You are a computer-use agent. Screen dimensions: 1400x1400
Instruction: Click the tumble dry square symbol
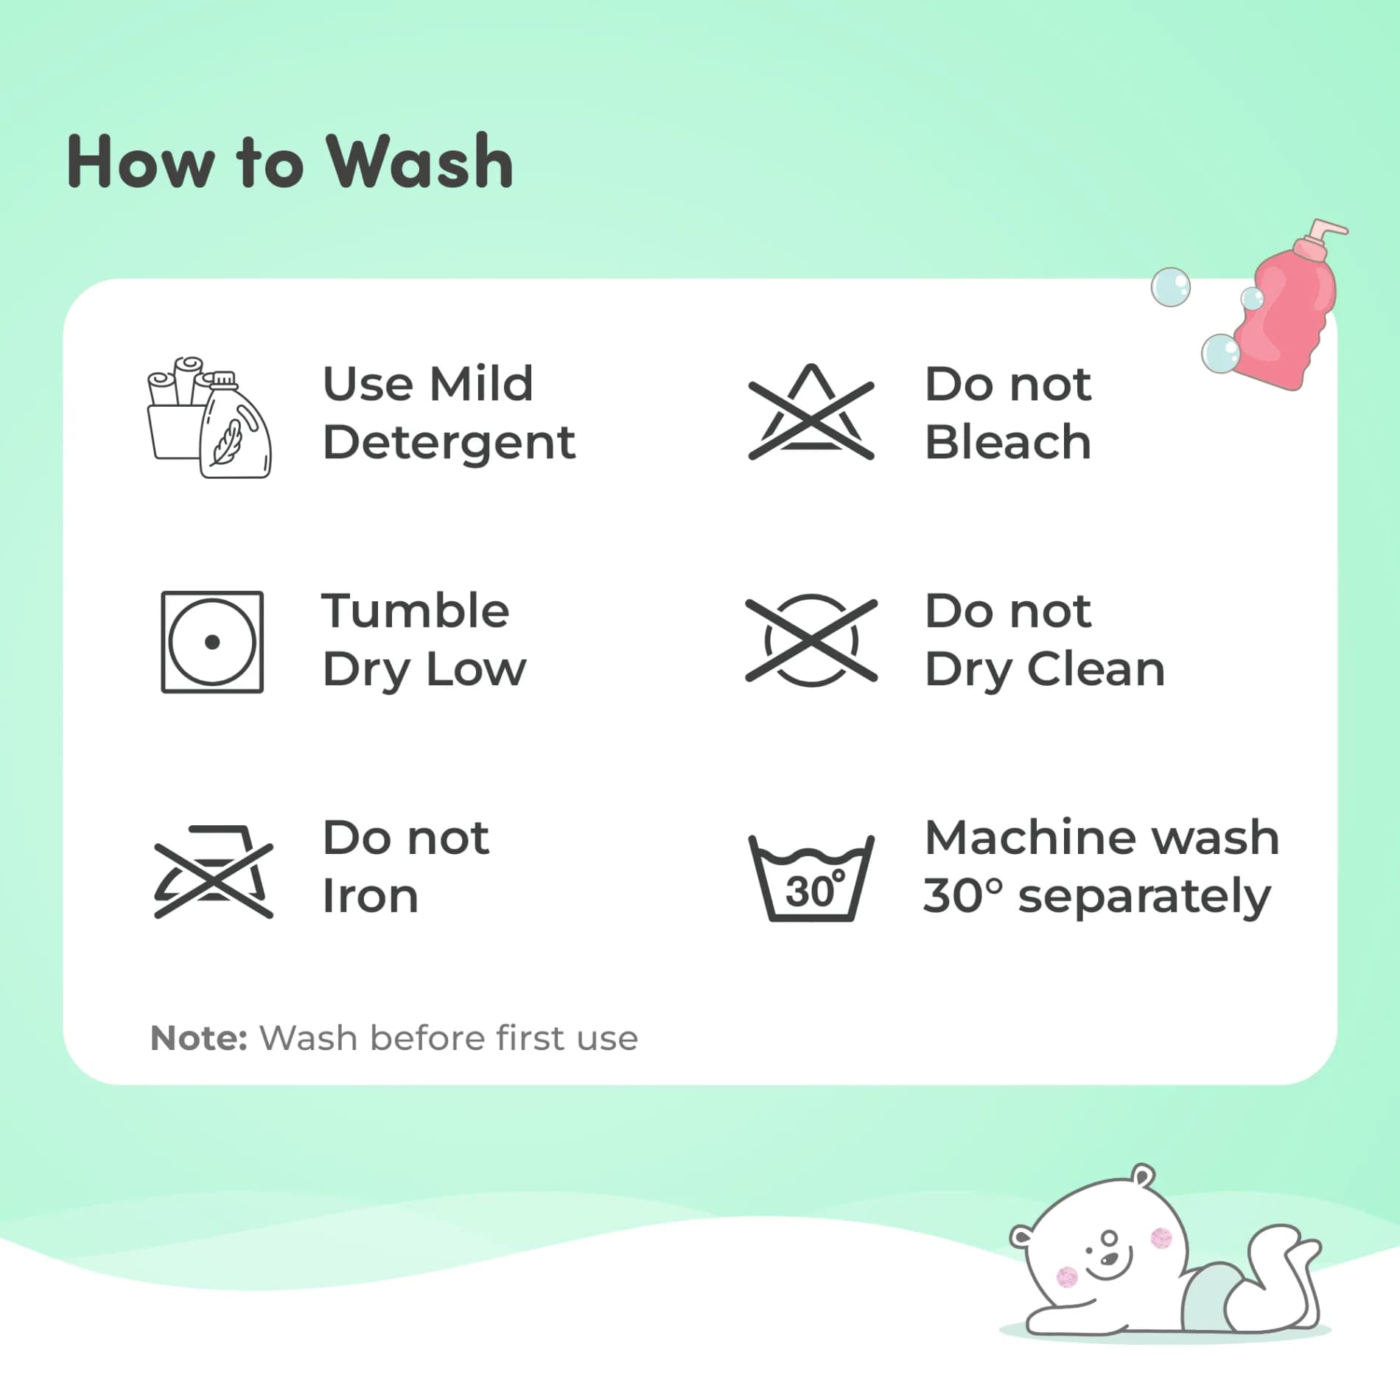tap(212, 642)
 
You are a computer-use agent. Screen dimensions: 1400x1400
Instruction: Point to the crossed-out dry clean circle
tap(811, 640)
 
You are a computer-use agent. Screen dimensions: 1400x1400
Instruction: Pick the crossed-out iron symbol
tap(214, 872)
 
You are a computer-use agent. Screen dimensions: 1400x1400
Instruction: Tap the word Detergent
tap(449, 444)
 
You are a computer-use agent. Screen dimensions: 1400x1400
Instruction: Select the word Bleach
tap(1007, 442)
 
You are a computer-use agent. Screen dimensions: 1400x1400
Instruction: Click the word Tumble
tap(416, 611)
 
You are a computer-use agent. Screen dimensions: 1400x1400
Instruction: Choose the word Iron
tap(371, 896)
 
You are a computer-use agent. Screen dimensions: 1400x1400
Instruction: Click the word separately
tap(1144, 898)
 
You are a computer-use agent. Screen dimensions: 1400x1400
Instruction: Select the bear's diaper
tap(1208, 1295)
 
